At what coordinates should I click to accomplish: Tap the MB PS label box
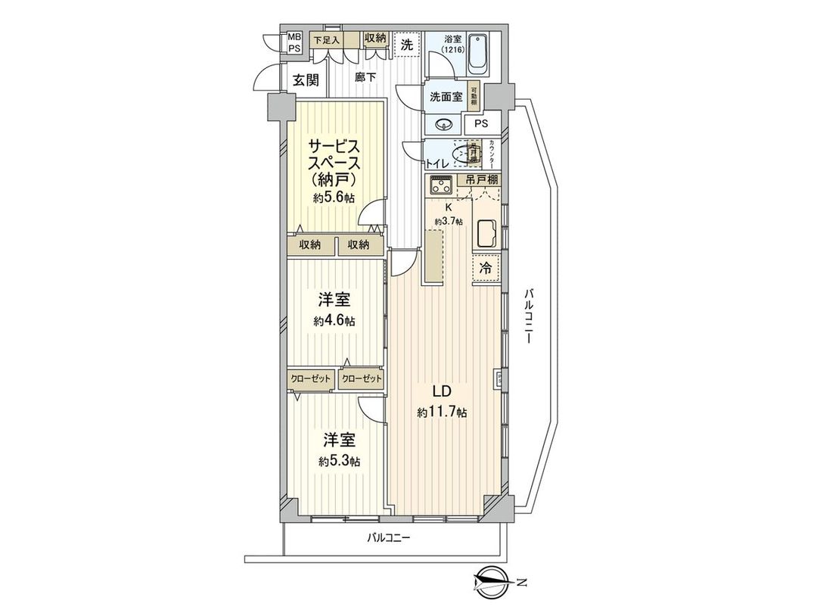(x=294, y=42)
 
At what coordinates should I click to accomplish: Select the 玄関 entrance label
(x=306, y=80)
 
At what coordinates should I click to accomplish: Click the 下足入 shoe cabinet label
(x=326, y=39)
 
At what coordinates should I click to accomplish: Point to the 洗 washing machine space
(x=407, y=45)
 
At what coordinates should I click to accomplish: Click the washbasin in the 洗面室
(x=445, y=124)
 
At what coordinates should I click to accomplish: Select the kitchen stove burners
(x=439, y=185)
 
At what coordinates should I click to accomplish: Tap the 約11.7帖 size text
(x=441, y=412)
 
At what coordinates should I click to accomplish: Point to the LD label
(x=441, y=392)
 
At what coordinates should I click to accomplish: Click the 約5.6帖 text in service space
(x=334, y=198)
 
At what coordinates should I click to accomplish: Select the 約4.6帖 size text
(x=334, y=321)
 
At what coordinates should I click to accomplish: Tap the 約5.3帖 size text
(x=339, y=461)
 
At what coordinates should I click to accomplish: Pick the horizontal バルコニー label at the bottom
(x=388, y=539)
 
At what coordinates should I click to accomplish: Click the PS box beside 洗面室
(x=481, y=124)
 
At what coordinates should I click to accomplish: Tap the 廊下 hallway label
(x=366, y=76)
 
